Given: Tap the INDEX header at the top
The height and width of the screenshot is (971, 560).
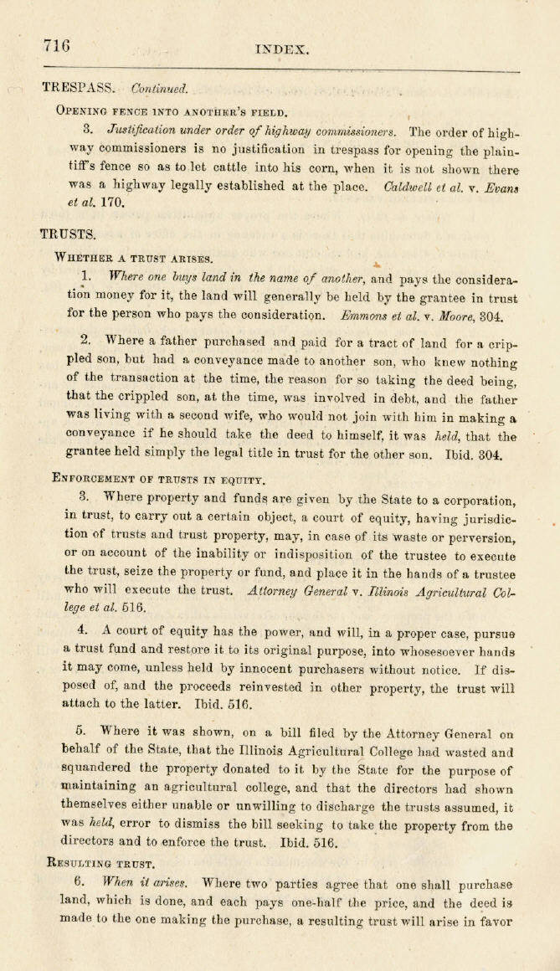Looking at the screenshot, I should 282,50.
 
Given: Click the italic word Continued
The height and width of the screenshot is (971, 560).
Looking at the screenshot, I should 160,88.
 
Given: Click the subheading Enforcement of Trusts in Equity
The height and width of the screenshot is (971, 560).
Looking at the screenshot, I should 159,480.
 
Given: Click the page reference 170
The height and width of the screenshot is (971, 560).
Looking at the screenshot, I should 114,203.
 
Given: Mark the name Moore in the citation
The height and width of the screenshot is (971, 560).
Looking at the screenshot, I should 450,317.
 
